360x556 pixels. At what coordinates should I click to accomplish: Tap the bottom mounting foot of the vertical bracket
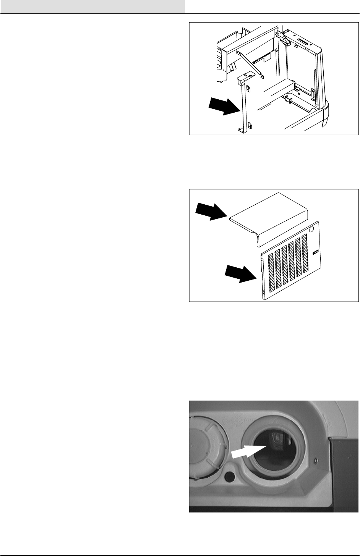tap(242, 130)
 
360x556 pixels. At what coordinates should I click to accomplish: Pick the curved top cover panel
tap(268, 216)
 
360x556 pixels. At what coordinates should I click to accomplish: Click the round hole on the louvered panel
tap(311, 230)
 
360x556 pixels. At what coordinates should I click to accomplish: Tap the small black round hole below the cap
tap(229, 477)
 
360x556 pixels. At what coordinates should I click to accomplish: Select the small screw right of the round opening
tap(315, 461)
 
